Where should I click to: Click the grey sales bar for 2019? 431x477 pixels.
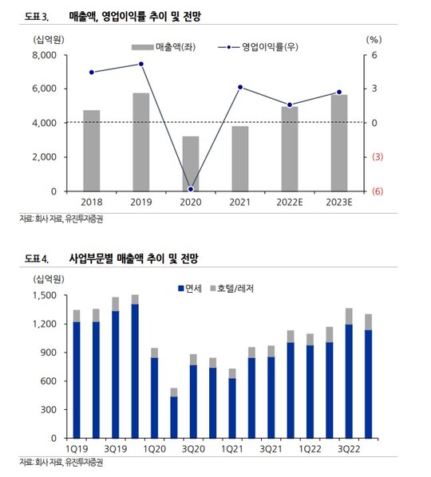(x=141, y=142)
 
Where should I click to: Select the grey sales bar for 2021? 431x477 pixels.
(x=240, y=159)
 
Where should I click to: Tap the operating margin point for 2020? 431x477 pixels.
(x=191, y=189)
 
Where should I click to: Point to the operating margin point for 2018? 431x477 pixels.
(x=92, y=72)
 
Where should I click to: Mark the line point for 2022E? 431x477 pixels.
(x=290, y=105)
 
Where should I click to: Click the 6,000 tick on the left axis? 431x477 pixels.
(x=45, y=89)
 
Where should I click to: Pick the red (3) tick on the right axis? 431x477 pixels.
(x=378, y=157)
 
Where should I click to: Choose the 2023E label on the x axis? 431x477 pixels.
(x=339, y=203)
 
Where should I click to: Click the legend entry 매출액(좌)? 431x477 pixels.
(x=164, y=47)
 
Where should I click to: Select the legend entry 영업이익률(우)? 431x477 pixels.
(x=258, y=47)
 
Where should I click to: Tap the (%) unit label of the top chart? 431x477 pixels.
(x=374, y=40)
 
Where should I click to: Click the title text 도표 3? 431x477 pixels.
(x=37, y=17)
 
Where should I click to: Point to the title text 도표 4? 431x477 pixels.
(x=37, y=258)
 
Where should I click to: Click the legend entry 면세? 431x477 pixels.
(x=190, y=289)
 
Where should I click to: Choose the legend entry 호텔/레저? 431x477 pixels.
(x=232, y=289)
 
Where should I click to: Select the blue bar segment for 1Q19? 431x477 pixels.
(x=77, y=380)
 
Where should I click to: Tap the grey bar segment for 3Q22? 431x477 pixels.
(x=349, y=317)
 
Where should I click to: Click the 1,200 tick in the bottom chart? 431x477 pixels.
(x=45, y=324)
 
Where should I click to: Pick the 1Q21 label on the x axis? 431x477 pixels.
(x=232, y=449)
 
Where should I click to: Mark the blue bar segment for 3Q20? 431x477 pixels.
(x=193, y=401)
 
